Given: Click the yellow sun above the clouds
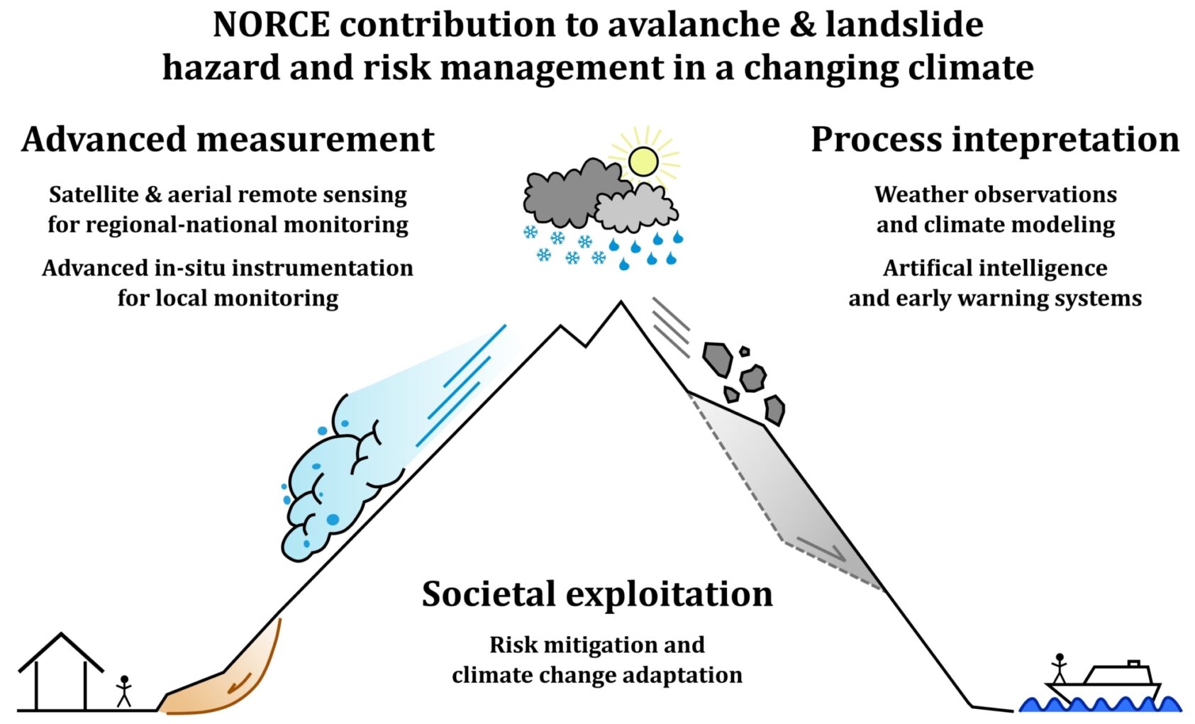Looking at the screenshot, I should point(643,161).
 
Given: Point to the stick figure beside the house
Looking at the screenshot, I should point(124,691).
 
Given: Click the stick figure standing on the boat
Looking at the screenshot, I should point(1059,668).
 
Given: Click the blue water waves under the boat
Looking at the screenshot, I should point(1099,705).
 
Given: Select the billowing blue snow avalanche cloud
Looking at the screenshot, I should point(333,482).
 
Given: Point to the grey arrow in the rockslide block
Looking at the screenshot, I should point(823,548).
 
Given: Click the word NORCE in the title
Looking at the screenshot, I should point(271,25).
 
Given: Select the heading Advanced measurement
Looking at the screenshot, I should point(228,139).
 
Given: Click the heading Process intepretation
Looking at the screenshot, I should point(994,139).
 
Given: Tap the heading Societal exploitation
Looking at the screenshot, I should point(597,594).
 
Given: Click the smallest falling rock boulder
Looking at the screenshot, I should point(744,351).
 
